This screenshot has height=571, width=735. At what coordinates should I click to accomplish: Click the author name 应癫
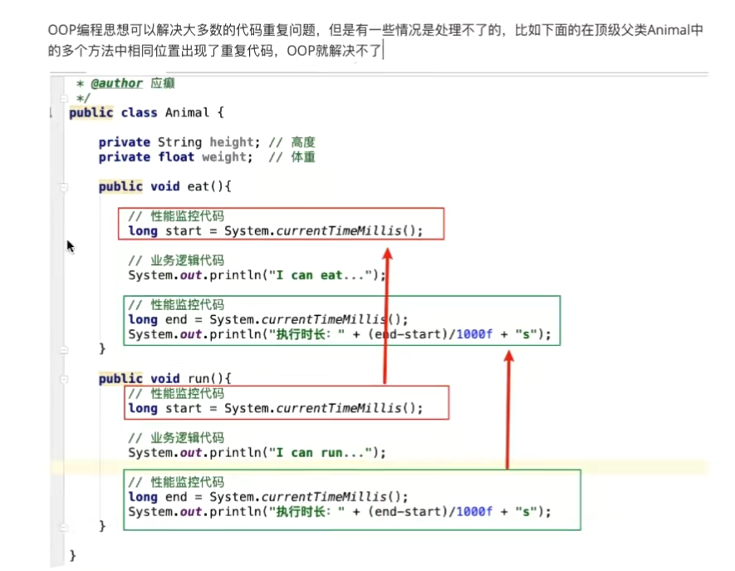[162, 83]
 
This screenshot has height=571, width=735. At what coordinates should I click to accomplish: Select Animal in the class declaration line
[187, 112]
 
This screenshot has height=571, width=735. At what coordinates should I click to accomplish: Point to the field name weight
[223, 157]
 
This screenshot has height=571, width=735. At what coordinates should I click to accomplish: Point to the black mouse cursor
[71, 246]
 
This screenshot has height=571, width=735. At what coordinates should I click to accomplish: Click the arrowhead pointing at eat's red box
[387, 250]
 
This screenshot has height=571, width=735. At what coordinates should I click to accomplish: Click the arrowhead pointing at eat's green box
[509, 357]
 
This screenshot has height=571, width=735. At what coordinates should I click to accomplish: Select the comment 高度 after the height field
[303, 142]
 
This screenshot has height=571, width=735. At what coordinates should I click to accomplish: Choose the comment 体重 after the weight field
[303, 157]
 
